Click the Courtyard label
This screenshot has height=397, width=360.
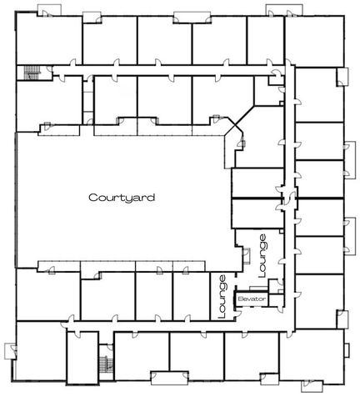122,198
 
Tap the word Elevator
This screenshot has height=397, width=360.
252,299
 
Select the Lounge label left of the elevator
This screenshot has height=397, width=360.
222,296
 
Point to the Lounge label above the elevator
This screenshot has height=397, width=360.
262,256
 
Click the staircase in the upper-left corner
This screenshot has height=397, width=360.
32,73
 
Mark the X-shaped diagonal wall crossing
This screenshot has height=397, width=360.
236,125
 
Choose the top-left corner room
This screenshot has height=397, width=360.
49,39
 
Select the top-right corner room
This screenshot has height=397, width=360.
314,41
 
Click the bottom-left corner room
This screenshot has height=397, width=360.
41,351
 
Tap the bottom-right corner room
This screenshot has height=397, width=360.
312,355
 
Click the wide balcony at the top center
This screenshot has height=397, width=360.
192,18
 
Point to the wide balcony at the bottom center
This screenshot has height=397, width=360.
170,378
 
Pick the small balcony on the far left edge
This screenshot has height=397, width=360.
9,351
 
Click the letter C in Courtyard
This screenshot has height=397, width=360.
92,198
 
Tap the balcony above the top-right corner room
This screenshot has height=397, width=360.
284,10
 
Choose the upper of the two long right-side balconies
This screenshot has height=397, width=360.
350,160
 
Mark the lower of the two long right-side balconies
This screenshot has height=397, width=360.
350,235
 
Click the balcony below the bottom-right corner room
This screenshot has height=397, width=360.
312,386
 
